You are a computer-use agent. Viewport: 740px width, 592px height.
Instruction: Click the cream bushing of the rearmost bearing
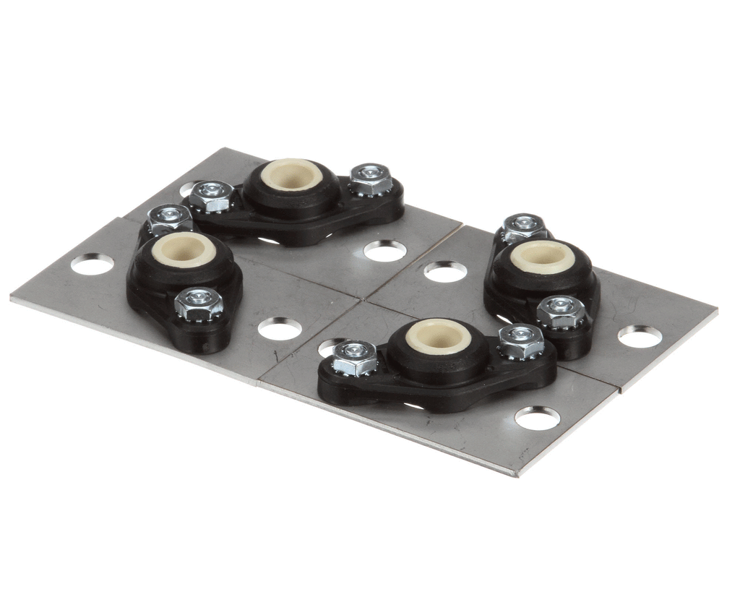291,176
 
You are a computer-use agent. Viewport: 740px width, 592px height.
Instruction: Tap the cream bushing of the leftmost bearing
184,249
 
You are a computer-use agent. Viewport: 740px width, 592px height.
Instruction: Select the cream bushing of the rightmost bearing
543,256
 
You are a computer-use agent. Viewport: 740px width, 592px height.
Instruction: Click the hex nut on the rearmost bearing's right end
371,179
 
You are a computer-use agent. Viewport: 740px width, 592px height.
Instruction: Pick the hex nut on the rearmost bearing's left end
211,195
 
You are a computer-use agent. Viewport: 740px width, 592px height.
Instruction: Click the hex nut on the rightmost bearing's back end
525,226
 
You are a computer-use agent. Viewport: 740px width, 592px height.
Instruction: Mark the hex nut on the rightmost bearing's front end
561,311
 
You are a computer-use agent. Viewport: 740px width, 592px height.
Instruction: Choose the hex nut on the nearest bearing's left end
354,357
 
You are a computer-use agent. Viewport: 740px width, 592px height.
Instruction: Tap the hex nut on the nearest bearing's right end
521,340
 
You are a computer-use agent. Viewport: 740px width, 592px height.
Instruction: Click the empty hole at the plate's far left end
92,265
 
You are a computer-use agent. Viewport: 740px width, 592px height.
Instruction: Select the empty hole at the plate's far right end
640,336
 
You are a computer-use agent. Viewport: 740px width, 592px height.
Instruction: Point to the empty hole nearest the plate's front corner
537,418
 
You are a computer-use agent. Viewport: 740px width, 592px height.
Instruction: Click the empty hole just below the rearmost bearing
384,251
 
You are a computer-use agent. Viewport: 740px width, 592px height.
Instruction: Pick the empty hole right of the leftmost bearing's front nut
280,329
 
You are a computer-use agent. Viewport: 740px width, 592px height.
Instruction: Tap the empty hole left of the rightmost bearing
445,272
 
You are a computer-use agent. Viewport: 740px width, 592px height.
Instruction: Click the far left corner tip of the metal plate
12,297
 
